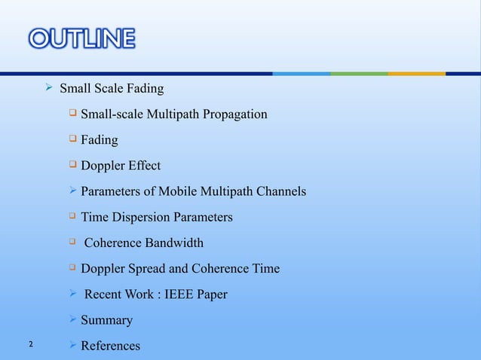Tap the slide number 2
pos(30,345)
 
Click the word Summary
pos(107,320)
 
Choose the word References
pos(111,346)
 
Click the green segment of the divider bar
pos(359,73)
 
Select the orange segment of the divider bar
pos(416,73)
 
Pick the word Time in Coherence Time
pos(265,269)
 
